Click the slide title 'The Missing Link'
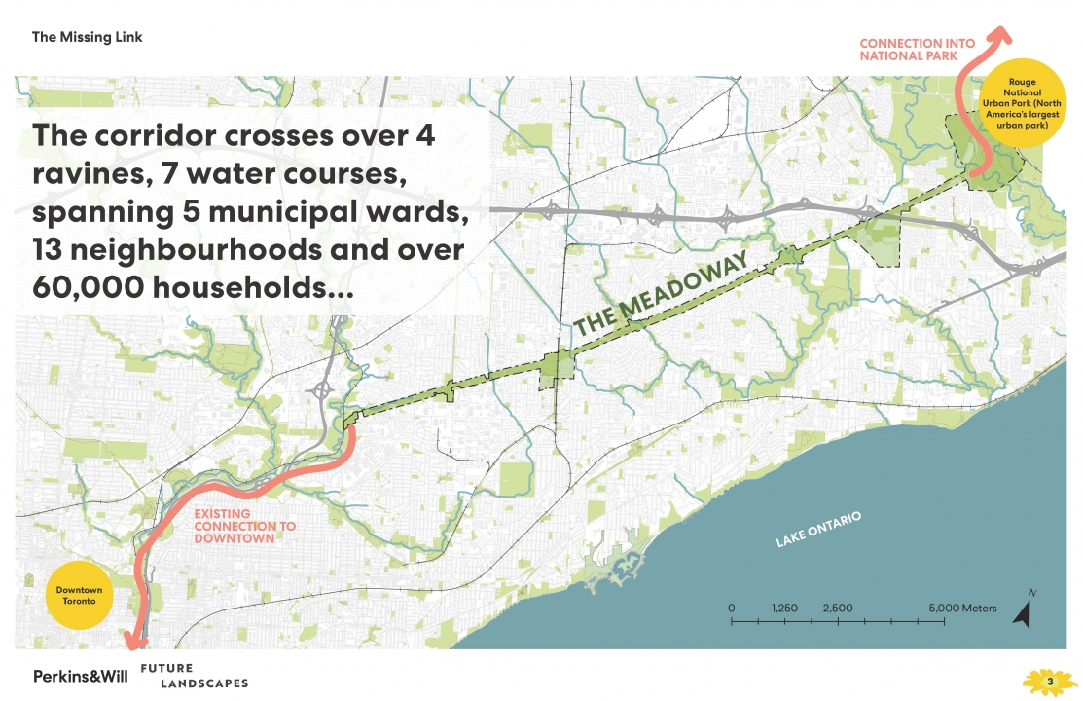tap(88, 37)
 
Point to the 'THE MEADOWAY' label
tap(661, 295)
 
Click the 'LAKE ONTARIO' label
tap(818, 530)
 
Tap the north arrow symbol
tap(1024, 609)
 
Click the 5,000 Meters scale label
tap(961, 609)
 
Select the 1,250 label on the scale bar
tap(784, 609)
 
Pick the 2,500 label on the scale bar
tap(837, 609)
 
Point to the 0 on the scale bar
tap(731, 609)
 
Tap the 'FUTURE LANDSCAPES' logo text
tap(194, 676)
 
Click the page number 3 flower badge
tap(1049, 681)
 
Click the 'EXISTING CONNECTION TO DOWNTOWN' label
tap(244, 526)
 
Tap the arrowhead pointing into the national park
tap(996, 38)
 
